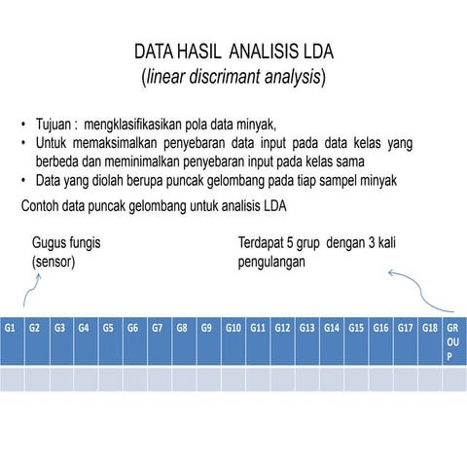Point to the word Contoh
(43, 206)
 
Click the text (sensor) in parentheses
(54, 263)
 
